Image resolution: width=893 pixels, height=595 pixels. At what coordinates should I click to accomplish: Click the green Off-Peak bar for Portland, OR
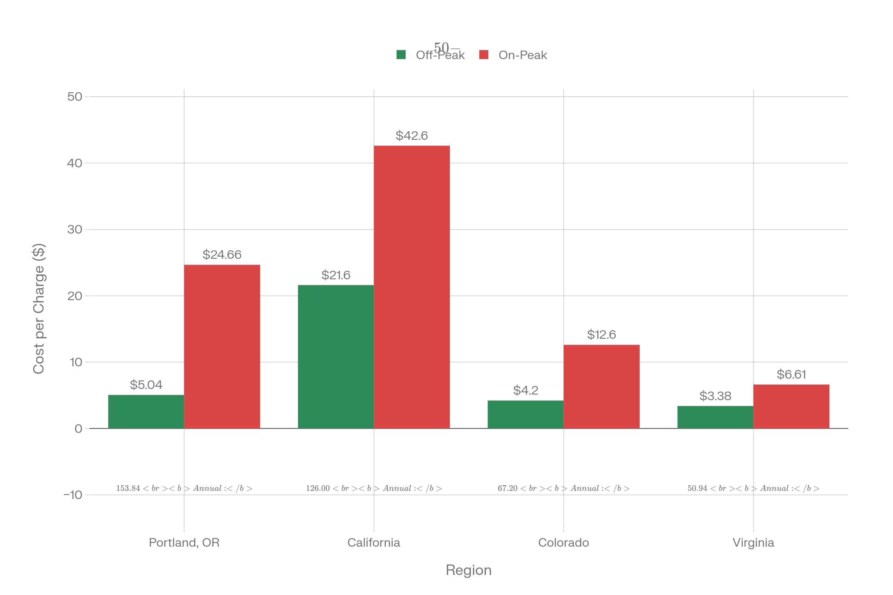[x=146, y=411]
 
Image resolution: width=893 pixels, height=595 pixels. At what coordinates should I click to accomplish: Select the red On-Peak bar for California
[x=412, y=287]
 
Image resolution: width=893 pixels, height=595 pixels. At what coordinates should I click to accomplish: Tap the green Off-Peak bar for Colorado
[x=525, y=414]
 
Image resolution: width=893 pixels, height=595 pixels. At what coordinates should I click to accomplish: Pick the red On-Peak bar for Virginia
[x=791, y=406]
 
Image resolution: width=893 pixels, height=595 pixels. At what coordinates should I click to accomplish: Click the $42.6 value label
[x=412, y=135]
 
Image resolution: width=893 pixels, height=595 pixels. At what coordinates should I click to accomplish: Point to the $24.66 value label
[x=222, y=254]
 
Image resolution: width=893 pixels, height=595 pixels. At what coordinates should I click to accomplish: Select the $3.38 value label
[x=715, y=396]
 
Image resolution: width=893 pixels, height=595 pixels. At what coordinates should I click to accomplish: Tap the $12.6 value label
[x=601, y=334]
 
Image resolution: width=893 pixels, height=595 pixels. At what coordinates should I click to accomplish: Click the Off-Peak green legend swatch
[x=401, y=55]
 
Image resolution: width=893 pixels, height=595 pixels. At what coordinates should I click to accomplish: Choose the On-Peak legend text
[x=522, y=55]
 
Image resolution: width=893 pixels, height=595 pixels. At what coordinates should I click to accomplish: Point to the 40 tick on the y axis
[x=74, y=163]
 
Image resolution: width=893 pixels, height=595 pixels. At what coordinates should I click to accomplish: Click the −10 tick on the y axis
[x=73, y=495]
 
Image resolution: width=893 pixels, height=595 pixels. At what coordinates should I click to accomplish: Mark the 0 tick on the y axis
[x=78, y=428]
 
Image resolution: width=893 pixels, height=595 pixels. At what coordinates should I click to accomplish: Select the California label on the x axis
[x=374, y=543]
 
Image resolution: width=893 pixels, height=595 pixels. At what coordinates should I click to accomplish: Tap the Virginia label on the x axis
[x=753, y=543]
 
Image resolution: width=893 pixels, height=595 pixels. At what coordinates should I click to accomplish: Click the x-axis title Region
[x=468, y=570]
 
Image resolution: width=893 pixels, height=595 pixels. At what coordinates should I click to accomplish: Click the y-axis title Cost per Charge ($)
[x=39, y=309]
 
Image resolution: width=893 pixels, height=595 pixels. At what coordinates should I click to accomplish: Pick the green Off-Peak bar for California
[x=336, y=356]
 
